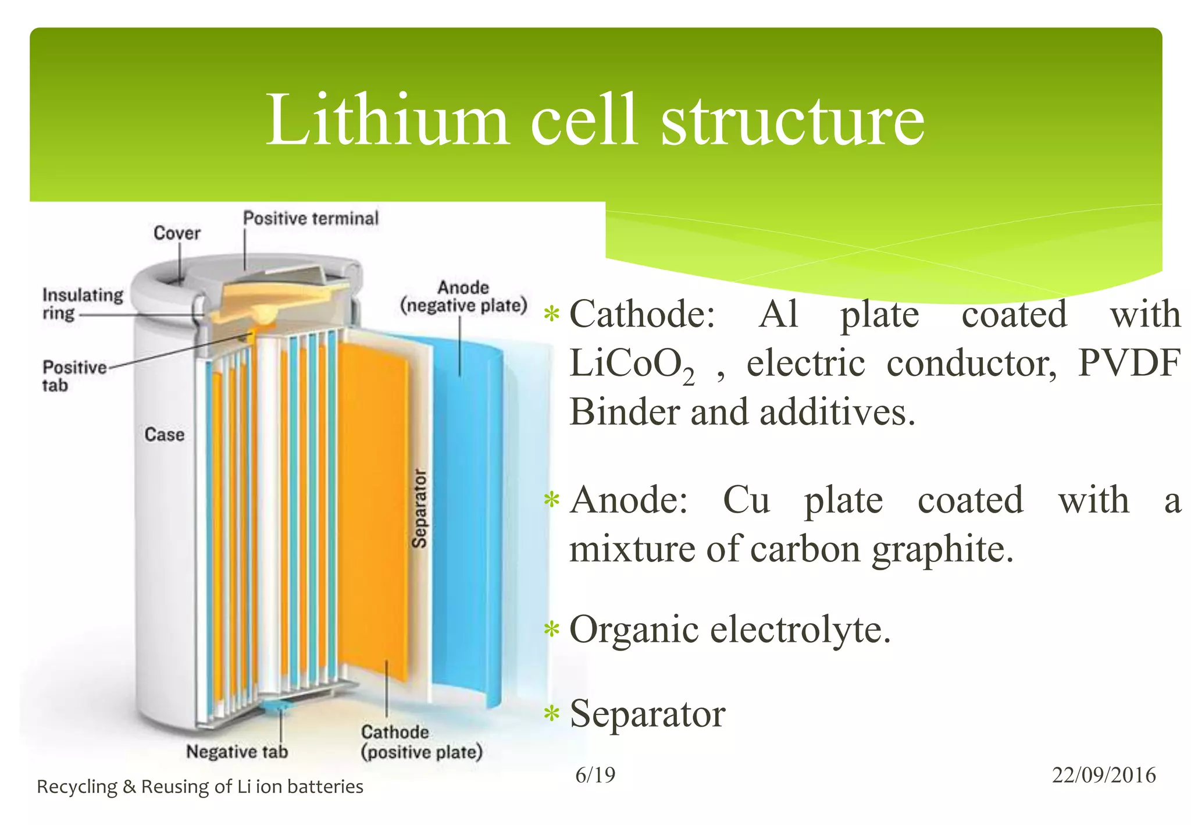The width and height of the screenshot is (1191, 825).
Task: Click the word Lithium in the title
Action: tap(387, 120)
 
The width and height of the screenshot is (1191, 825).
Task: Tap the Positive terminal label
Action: tap(311, 219)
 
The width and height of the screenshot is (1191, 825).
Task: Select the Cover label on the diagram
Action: tap(177, 233)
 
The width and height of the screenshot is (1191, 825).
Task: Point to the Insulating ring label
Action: tap(82, 304)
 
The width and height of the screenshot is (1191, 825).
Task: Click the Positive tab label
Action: tap(73, 376)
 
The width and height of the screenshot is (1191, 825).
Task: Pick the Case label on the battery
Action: tap(164, 435)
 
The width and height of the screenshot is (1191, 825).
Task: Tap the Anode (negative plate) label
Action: tap(463, 297)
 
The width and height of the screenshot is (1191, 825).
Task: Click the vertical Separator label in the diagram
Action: tap(419, 508)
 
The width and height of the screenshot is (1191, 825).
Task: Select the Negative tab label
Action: tap(237, 752)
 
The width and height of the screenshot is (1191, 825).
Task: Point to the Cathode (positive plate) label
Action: tap(421, 742)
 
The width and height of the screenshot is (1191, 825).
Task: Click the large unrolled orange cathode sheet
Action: tap(372, 506)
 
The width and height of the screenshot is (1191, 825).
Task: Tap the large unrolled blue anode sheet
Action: tap(465, 524)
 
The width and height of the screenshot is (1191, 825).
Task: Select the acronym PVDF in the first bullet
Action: tap(1129, 364)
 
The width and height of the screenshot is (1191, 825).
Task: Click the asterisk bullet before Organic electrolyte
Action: tap(551, 630)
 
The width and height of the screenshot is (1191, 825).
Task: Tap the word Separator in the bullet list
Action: tap(647, 714)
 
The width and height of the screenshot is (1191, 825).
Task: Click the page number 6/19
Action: tap(595, 775)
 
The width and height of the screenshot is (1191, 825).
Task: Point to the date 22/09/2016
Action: tap(1103, 775)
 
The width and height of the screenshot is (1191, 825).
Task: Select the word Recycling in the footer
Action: tap(77, 787)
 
